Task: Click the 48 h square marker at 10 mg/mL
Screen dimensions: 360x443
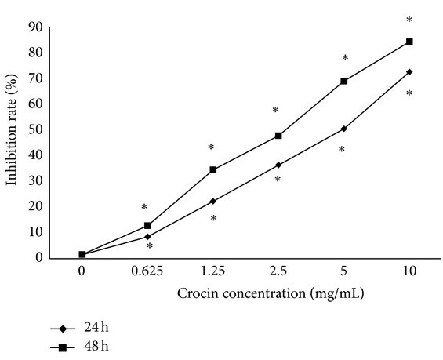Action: coord(409,42)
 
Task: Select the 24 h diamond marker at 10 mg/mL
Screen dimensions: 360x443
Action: coord(409,72)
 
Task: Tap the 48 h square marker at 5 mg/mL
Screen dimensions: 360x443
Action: coord(343,81)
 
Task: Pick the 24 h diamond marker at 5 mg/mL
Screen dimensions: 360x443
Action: coord(343,129)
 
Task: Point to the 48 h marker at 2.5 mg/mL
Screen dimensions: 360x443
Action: coord(278,136)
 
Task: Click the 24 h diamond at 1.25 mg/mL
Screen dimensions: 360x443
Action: coord(213,202)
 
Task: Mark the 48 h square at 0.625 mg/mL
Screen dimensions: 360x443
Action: coord(147,226)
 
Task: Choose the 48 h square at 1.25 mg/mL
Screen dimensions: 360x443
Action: coord(213,169)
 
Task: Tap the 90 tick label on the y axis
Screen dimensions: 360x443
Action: coord(34,27)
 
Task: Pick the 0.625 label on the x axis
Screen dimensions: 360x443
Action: coord(147,271)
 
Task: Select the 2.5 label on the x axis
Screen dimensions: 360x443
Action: coord(278,271)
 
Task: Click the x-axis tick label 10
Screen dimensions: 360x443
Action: coord(409,271)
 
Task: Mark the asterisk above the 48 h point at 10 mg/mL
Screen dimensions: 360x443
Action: coord(409,20)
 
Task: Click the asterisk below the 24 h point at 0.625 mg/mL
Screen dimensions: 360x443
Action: coord(149,247)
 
